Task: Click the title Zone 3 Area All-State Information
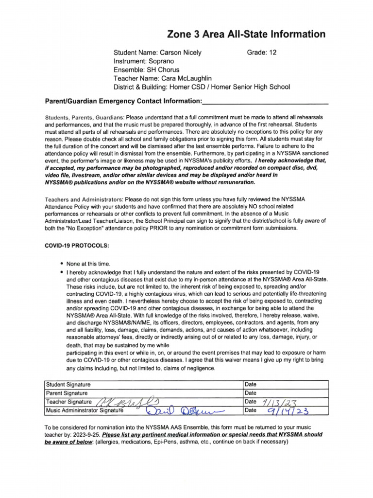coord(246,34)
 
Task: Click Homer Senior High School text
coord(250,87)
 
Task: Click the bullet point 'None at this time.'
coord(85,263)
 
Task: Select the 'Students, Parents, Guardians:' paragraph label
coord(85,118)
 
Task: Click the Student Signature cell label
coord(68,385)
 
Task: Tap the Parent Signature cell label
coord(67,393)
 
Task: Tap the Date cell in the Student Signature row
coord(251,385)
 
